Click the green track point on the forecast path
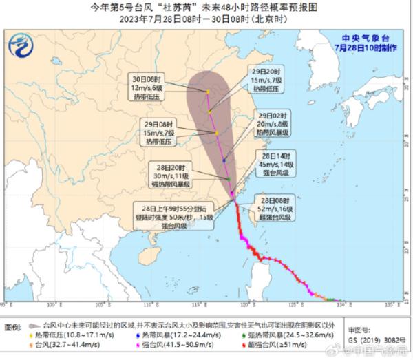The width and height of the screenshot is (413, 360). click(229, 179)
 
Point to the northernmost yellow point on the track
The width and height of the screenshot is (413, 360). click(208, 92)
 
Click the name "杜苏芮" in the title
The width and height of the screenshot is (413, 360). click(160, 8)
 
